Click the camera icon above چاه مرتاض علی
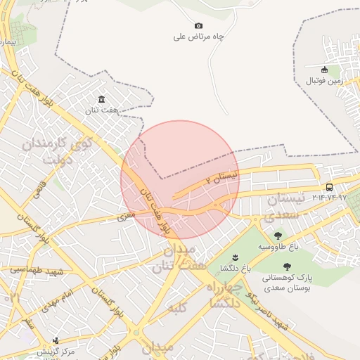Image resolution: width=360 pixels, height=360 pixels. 198,26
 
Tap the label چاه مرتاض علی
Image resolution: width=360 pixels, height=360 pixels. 198,37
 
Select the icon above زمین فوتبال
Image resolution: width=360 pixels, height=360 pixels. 324,70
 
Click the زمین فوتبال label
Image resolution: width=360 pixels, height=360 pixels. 324,81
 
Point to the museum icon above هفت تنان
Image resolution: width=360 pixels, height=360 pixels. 102,98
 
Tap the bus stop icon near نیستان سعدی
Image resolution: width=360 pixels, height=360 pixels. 329,187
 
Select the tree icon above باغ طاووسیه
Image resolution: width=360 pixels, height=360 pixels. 278,236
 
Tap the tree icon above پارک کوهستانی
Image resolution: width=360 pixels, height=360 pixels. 287,266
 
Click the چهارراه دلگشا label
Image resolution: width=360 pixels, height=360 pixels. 224,296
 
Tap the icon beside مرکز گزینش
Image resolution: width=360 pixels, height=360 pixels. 56,341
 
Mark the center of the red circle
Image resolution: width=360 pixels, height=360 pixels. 180,179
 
